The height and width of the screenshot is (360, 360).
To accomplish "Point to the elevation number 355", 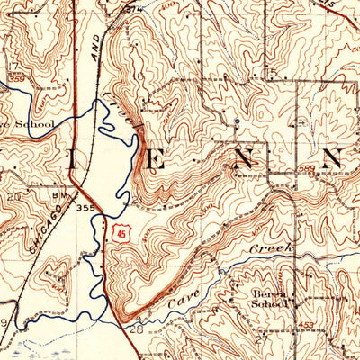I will (85, 208).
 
